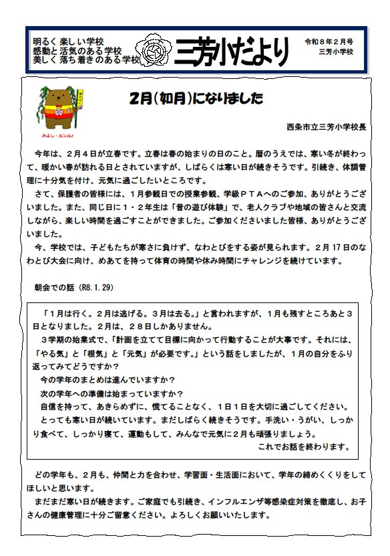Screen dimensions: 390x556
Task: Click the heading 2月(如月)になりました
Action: tap(196, 98)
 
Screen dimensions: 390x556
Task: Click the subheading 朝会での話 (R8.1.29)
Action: tap(74, 286)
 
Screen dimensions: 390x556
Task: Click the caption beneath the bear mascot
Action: tap(59, 134)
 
